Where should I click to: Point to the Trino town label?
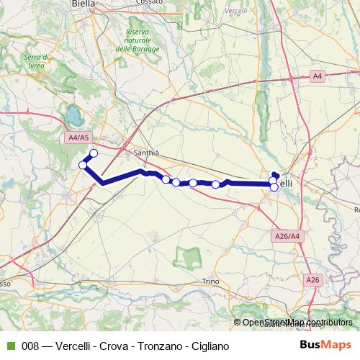coord(210,281)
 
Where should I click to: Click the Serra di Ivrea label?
coord(35,62)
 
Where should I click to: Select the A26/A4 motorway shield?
coord(287,236)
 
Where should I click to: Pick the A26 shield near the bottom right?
coord(312,279)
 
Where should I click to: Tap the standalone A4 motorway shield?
coord(318,76)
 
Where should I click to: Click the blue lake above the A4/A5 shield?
coord(73,114)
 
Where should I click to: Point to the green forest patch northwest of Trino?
coord(190,256)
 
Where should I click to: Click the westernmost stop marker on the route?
coord(83,166)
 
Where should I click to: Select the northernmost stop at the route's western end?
coord(94,153)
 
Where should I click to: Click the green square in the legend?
coord(9,346)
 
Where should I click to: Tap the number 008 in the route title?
coord(31,346)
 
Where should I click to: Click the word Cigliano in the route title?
coord(210,346)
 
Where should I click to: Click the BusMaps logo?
coord(324,346)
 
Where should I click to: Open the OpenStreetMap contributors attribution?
coord(297,323)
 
